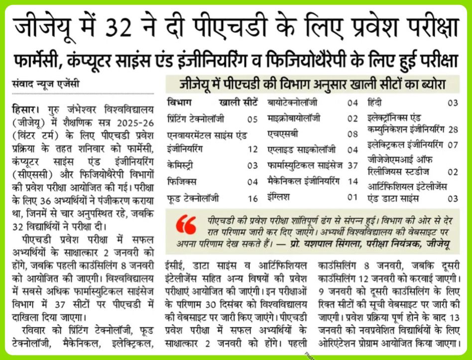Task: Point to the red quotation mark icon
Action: [x=186, y=225]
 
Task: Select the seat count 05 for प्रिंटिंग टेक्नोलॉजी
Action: [x=252, y=120]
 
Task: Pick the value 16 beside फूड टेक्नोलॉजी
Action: [x=252, y=198]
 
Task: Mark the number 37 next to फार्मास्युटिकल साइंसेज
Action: [x=353, y=165]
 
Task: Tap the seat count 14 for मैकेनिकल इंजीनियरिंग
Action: [x=353, y=181]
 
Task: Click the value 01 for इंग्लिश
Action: [x=353, y=197]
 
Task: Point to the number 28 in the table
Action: [x=453, y=129]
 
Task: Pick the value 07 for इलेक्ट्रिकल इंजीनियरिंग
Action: [x=453, y=145]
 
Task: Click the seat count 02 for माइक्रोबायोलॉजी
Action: [x=353, y=119]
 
